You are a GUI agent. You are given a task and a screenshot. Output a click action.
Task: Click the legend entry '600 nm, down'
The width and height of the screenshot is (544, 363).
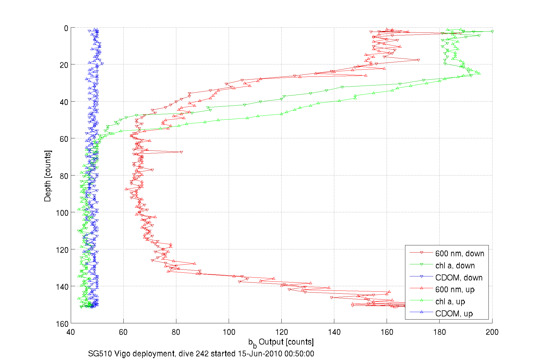click(459, 253)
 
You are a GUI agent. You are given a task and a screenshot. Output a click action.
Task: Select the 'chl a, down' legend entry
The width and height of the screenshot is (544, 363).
click(455, 265)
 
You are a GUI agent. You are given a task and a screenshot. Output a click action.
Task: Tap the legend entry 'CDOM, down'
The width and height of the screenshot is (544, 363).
click(459, 278)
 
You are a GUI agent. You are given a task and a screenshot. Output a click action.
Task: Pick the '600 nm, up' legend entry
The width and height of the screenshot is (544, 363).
click(455, 289)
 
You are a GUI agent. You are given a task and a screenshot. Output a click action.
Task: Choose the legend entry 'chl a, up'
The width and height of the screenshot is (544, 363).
click(450, 301)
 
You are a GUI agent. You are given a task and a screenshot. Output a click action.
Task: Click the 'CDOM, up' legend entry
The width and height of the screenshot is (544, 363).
click(454, 314)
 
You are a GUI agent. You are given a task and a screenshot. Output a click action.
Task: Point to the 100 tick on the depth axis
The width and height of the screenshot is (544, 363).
click(62, 213)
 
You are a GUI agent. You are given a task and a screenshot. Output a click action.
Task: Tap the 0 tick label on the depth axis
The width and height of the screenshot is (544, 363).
click(66, 28)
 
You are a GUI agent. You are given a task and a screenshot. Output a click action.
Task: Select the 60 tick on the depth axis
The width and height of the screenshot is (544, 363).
click(64, 139)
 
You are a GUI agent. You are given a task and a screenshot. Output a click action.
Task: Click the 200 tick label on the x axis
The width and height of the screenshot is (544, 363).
click(492, 332)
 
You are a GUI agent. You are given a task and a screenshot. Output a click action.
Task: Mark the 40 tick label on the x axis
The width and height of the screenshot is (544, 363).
click(71, 332)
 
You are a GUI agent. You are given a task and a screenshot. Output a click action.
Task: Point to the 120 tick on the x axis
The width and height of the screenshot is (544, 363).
click(281, 332)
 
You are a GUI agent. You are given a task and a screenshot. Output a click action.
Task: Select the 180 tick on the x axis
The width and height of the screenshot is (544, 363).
click(439, 332)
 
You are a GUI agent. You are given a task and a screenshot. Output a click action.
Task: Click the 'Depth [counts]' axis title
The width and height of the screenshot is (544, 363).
click(47, 176)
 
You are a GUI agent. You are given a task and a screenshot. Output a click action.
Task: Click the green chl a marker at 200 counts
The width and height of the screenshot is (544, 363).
click(492, 31)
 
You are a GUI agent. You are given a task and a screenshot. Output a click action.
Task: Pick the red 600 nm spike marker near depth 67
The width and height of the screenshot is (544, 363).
click(181, 152)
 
